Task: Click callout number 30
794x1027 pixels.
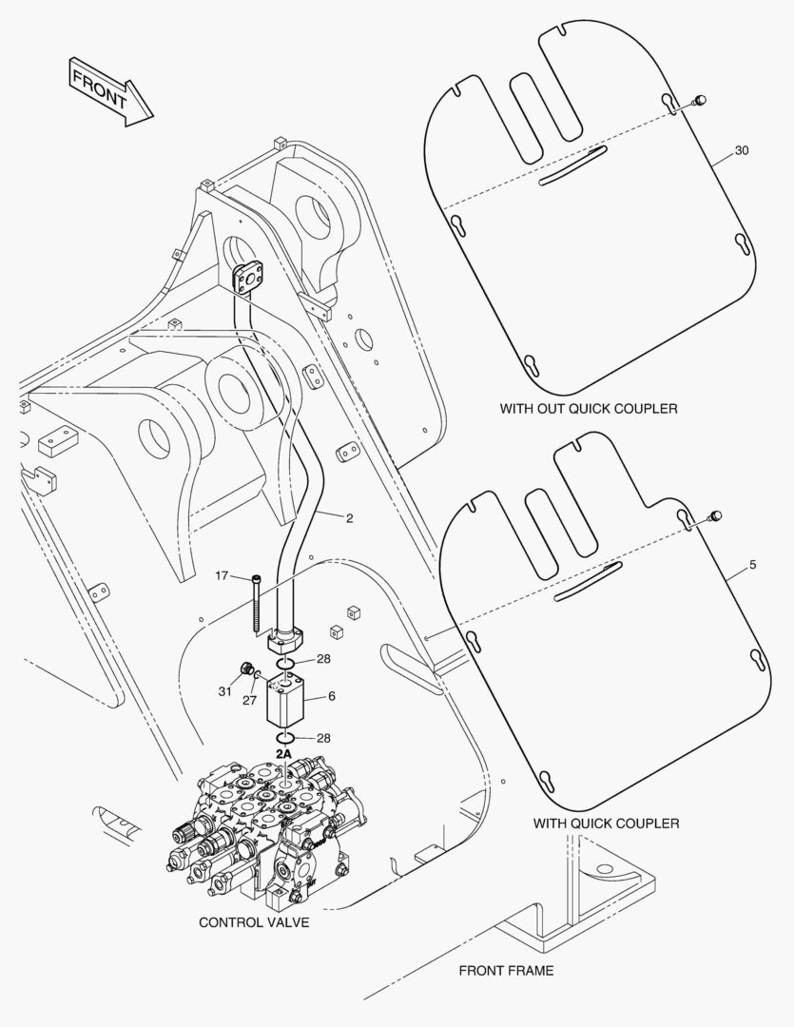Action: click(x=742, y=151)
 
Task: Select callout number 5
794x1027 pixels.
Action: click(x=752, y=565)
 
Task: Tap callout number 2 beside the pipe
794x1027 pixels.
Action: click(x=349, y=518)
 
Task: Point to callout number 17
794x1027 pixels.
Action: click(x=222, y=576)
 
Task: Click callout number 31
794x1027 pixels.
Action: click(x=224, y=691)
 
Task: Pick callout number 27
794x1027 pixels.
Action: click(x=249, y=700)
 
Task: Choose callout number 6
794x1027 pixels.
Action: click(x=332, y=696)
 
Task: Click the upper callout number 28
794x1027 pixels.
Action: click(x=323, y=659)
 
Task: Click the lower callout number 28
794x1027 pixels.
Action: click(x=323, y=737)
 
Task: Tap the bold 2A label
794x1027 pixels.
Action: click(x=283, y=753)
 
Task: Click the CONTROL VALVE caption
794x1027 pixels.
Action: click(x=254, y=922)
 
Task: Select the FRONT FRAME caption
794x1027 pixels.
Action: click(x=506, y=971)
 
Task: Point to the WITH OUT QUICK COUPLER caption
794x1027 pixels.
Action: click(x=589, y=409)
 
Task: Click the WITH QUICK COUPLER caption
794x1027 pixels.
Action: click(x=606, y=823)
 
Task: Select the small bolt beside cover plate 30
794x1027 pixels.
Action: click(x=699, y=100)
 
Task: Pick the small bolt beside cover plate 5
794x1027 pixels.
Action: click(x=716, y=516)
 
